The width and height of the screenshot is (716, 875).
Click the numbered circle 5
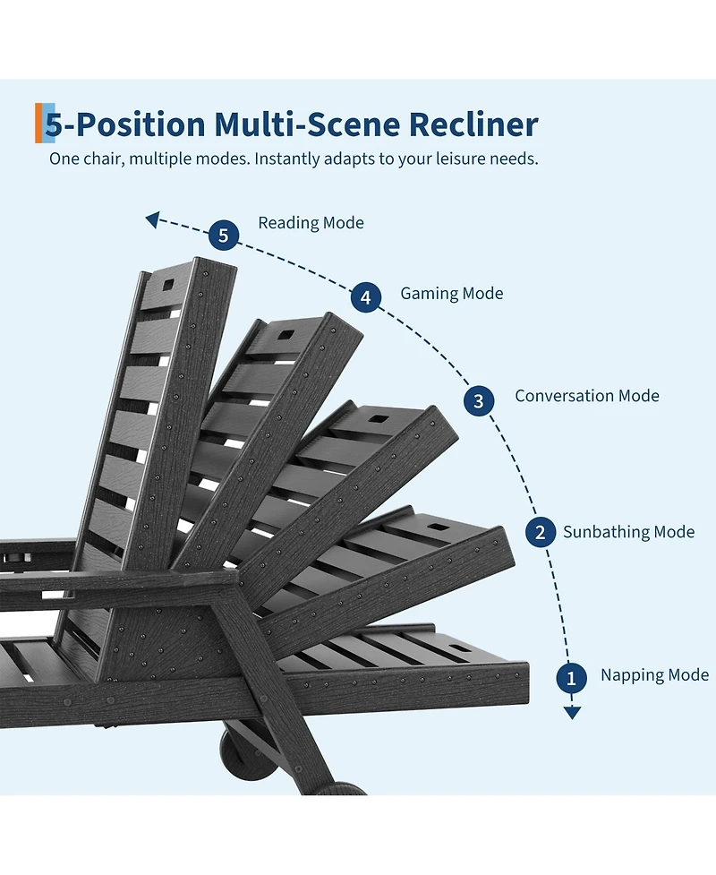tap(224, 235)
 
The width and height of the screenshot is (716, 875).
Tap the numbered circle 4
tap(366, 296)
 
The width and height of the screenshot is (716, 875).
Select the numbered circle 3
tap(479, 400)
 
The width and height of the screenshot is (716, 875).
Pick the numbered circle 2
tap(541, 532)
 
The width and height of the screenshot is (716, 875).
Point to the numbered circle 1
tap(571, 678)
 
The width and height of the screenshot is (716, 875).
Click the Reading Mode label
tap(311, 223)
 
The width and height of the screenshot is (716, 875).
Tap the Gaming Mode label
tap(452, 294)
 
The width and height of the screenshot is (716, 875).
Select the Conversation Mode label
tap(586, 396)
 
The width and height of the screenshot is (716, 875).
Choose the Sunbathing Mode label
tap(628, 532)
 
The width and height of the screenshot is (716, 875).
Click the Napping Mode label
tap(654, 675)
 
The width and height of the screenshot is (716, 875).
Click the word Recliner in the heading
tap(473, 124)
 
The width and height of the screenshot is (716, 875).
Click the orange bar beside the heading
tap(38, 123)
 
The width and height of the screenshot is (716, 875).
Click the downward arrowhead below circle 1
tap(572, 713)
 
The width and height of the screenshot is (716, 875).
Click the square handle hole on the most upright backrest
tap(168, 285)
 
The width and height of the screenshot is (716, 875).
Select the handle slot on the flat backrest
tap(458, 648)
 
